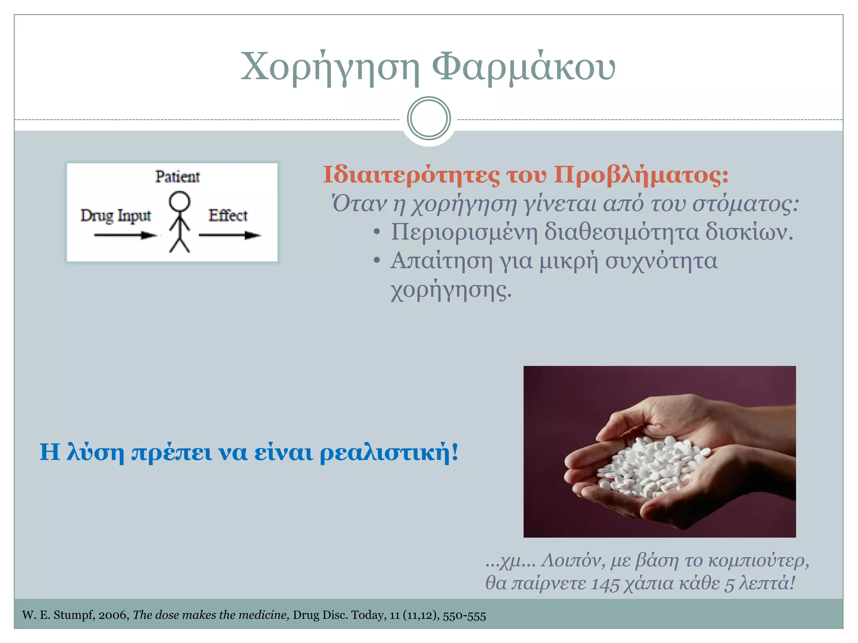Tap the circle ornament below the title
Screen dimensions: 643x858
coord(429,118)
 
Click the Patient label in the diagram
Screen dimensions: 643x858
coord(177,177)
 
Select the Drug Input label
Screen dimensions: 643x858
coord(116,216)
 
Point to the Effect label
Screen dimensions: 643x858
coord(228,216)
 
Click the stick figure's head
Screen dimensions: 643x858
coord(179,202)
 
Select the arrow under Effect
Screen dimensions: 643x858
coord(229,235)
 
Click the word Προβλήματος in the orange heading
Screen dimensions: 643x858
coord(641,175)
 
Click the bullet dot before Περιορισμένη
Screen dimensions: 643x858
coord(377,232)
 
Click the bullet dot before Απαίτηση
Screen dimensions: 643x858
coord(377,261)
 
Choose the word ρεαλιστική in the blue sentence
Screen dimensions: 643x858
coord(389,453)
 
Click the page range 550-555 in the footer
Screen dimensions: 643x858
coord(464,615)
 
